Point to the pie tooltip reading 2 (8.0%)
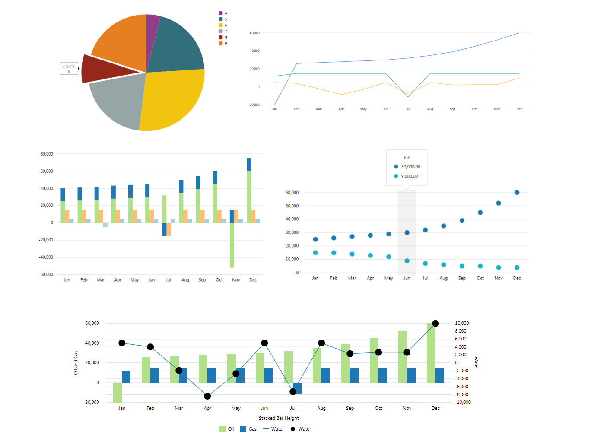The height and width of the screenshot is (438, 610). pos(69,68)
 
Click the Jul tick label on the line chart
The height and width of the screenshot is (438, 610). pos(408,109)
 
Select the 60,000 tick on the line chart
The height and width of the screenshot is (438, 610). pos(254,33)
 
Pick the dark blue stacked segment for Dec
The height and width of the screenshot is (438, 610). pos(249,165)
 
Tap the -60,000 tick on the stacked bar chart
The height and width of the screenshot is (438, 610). pos(46,274)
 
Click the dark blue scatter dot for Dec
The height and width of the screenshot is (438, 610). pos(517,193)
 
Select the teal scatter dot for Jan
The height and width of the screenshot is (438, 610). pos(315,253)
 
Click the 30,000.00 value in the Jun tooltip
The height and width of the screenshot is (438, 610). pos(410,167)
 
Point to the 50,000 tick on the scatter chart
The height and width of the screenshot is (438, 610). pos(292,206)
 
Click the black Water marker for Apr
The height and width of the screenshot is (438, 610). pos(207,396)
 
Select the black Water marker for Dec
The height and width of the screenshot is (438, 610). pos(435,324)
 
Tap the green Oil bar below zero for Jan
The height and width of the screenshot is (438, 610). pos(118,392)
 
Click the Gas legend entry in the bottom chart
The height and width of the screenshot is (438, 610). pos(248,429)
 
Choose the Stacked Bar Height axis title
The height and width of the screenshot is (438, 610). pos(279,418)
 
